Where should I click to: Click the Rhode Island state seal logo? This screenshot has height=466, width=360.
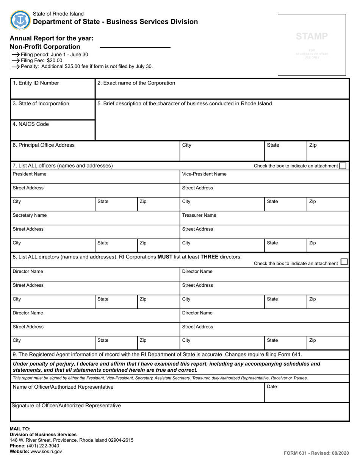coord(20,20)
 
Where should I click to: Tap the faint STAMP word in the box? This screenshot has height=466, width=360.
coord(311,36)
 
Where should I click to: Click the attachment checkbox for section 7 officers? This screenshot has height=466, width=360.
coord(343,166)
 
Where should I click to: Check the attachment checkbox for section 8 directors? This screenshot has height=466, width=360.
coord(344,262)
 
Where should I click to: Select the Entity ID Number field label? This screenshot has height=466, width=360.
coord(36,83)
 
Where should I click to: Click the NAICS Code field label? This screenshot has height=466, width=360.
coord(31,124)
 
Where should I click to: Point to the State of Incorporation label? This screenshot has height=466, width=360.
coord(41,103)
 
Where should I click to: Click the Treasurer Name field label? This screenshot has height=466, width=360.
coord(199,215)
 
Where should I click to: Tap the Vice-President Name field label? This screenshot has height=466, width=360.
coord(204,174)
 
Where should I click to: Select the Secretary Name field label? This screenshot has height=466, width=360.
coord(30,215)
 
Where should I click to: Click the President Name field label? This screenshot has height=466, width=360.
coord(30,174)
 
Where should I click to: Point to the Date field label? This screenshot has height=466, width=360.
coord(272,386)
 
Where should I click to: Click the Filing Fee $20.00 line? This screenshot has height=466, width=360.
coord(41,60)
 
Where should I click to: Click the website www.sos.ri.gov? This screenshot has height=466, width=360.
coord(46,451)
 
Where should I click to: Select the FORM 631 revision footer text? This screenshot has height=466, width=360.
coord(316,453)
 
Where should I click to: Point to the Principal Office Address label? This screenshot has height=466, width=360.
coord(44,145)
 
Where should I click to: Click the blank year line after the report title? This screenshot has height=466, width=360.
coord(135,47)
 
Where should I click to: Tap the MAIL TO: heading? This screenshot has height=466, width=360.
coord(20,429)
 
